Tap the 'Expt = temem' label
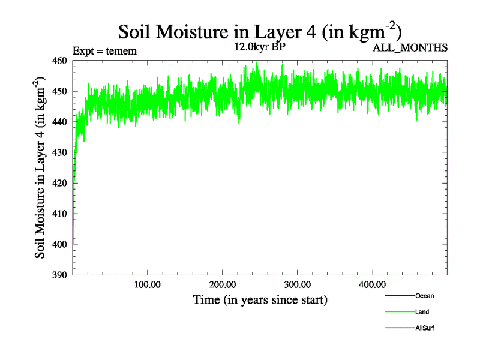pyautogui.click(x=104, y=51)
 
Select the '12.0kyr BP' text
pyautogui.click(x=259, y=48)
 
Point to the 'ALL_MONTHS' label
pyautogui.click(x=411, y=49)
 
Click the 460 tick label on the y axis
pyautogui.click(x=59, y=60)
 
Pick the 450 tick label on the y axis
pyautogui.click(x=59, y=91)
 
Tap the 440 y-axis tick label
pyautogui.click(x=59, y=122)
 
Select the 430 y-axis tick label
pyautogui.click(x=59, y=152)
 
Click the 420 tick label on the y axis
pyautogui.click(x=59, y=183)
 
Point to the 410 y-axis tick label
pyautogui.click(x=59, y=214)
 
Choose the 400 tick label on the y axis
pyautogui.click(x=59, y=244)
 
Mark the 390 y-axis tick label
pyautogui.click(x=59, y=275)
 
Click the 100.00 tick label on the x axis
pyautogui.click(x=147, y=284)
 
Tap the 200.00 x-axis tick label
pyautogui.click(x=222, y=284)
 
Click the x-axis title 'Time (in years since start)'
pyautogui.click(x=260, y=299)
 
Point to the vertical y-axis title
pyautogui.click(x=41, y=167)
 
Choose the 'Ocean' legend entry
pyautogui.click(x=424, y=296)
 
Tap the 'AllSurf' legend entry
pyautogui.click(x=424, y=328)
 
